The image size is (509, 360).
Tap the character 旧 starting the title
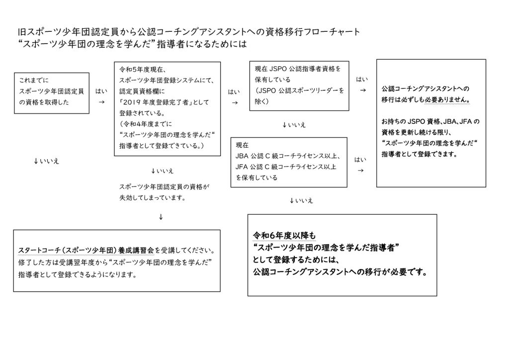click(22, 32)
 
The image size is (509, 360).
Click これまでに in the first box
click(33, 80)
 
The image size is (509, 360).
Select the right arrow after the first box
click(101, 102)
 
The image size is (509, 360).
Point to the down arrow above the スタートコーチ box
click(161, 217)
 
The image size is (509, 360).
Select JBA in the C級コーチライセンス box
click(242, 156)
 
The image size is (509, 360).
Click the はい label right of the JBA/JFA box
click(360, 160)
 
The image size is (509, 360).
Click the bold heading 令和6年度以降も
click(284, 236)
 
